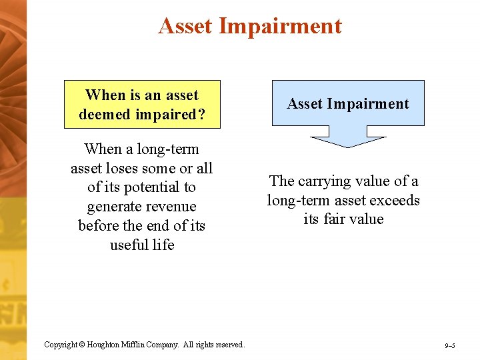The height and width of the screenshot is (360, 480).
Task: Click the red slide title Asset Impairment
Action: pyautogui.click(x=250, y=26)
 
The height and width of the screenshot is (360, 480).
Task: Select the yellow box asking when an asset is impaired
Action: pyautogui.click(x=141, y=105)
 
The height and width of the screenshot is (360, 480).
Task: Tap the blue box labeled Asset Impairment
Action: pyautogui.click(x=348, y=103)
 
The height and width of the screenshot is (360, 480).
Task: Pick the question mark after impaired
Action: pyautogui.click(x=200, y=114)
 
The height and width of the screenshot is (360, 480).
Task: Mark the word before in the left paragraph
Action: pyautogui.click(x=99, y=226)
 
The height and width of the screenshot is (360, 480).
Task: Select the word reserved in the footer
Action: pyautogui.click(x=229, y=345)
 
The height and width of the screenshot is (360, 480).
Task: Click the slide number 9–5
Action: pyautogui.click(x=450, y=345)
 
